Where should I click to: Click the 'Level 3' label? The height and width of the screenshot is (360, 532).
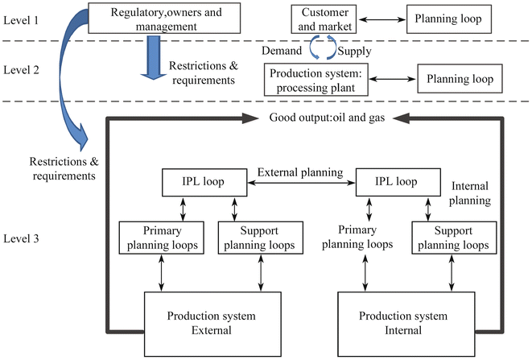tap(22, 239)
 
